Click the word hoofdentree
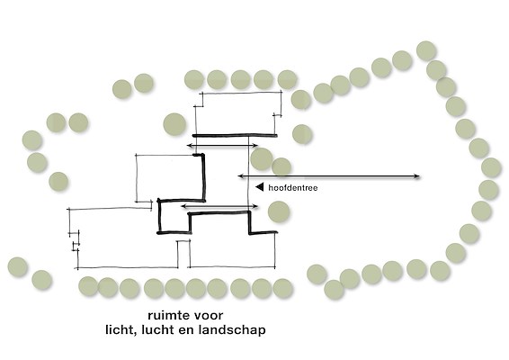point(293,188)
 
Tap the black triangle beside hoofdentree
point(260,187)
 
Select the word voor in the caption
point(209,316)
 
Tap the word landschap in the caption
point(232,330)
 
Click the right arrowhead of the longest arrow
point(417,176)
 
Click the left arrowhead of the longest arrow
point(240,176)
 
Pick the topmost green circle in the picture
point(426,50)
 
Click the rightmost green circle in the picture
point(491,167)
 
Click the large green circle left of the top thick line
point(174,124)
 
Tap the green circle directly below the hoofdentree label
point(279,211)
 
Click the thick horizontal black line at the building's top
point(235,135)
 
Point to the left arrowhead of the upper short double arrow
point(189,146)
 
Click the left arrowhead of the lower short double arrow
point(183,206)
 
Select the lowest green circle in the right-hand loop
point(334,290)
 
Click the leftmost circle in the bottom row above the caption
point(88,286)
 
